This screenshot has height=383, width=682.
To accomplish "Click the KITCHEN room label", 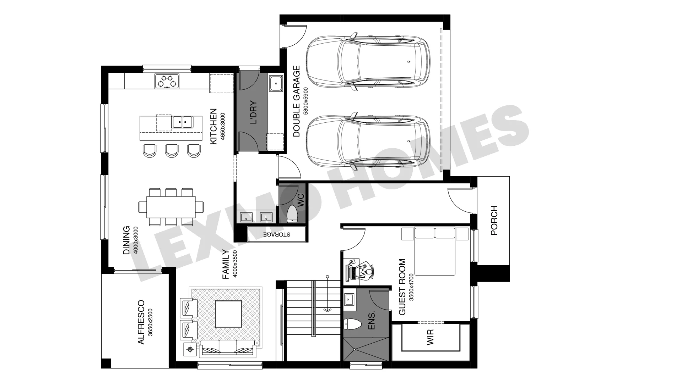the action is (x=213, y=127).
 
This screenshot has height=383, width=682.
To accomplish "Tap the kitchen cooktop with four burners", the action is (x=167, y=81).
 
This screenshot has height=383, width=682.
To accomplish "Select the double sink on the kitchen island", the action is (x=183, y=122).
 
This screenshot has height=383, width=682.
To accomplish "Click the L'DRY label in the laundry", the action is (x=253, y=113).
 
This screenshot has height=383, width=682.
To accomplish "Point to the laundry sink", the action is (x=276, y=84).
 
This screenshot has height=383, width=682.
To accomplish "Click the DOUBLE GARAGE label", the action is (x=297, y=101).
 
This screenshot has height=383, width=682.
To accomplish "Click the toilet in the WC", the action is (x=292, y=213).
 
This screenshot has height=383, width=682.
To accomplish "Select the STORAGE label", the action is (x=277, y=234).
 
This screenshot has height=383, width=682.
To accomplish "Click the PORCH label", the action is (x=494, y=221).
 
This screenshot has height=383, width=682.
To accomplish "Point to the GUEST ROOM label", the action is (x=402, y=287).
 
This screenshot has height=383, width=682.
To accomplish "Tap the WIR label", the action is (x=430, y=337).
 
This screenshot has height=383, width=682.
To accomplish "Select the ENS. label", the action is (x=372, y=321).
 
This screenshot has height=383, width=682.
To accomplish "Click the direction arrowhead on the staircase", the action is (x=327, y=310).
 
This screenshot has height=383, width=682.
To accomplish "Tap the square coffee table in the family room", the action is (x=229, y=314).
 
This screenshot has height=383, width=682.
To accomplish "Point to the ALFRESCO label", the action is (x=141, y=322).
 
